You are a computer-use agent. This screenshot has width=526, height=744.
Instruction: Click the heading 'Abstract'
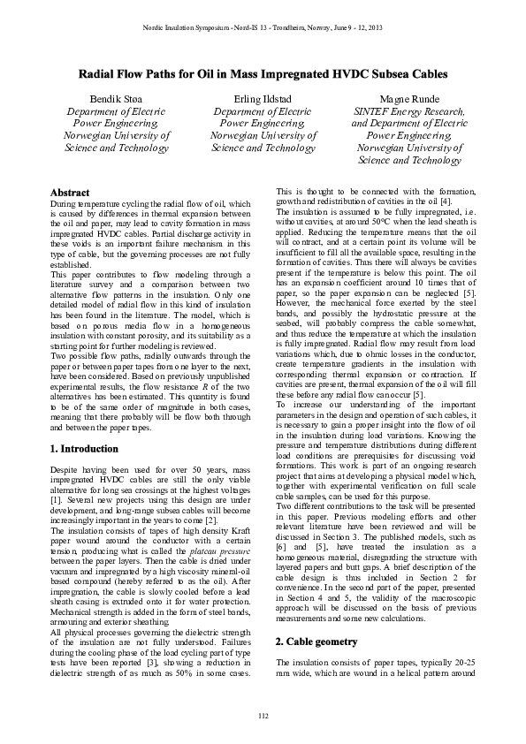[x=70, y=192]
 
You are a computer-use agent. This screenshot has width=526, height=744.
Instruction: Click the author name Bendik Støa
[x=116, y=97]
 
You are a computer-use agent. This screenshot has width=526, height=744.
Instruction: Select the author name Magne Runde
[x=408, y=97]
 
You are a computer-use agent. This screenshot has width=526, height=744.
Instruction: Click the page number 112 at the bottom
[x=263, y=714]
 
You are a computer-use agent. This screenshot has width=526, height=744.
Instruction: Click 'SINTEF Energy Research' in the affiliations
[x=408, y=111]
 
